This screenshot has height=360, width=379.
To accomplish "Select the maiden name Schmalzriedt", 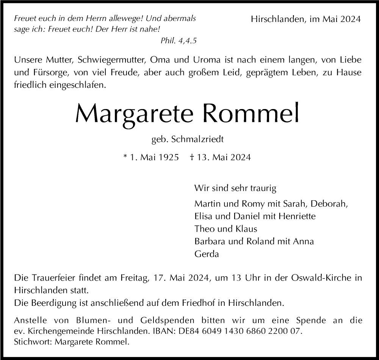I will [x=197, y=139].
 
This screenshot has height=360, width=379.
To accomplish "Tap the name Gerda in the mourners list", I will [x=207, y=254].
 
